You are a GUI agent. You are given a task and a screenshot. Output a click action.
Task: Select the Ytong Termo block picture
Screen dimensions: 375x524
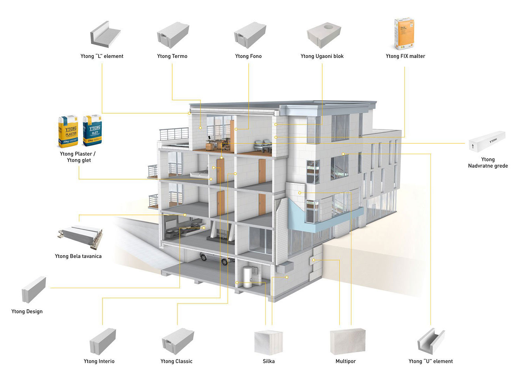(x=173, y=35)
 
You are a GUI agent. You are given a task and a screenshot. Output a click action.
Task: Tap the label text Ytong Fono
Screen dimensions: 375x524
(x=248, y=56)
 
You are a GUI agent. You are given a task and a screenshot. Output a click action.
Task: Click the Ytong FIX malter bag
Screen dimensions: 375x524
(x=404, y=34)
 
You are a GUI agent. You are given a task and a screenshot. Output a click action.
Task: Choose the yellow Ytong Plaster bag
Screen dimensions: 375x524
(x=68, y=131)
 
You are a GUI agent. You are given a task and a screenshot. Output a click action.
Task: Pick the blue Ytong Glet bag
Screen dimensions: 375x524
(x=92, y=131)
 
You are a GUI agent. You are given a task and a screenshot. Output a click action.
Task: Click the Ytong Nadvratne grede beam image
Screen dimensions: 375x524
(x=487, y=142)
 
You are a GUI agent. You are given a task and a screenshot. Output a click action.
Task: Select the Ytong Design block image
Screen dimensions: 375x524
(x=34, y=290)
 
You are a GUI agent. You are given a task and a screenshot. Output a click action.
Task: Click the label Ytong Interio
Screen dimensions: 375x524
(x=99, y=361)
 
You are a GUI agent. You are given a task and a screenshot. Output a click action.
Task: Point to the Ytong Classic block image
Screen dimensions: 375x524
(x=178, y=341)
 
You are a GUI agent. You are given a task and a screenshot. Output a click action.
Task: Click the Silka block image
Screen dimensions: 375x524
(x=268, y=342)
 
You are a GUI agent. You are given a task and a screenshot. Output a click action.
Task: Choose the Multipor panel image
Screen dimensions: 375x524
(x=347, y=342)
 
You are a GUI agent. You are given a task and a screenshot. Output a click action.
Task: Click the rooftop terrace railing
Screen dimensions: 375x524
(x=174, y=134)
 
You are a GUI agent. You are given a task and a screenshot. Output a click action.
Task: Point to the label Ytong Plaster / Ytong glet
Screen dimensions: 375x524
(x=78, y=157)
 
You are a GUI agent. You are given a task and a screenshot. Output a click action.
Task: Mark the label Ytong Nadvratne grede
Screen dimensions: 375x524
(x=488, y=162)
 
